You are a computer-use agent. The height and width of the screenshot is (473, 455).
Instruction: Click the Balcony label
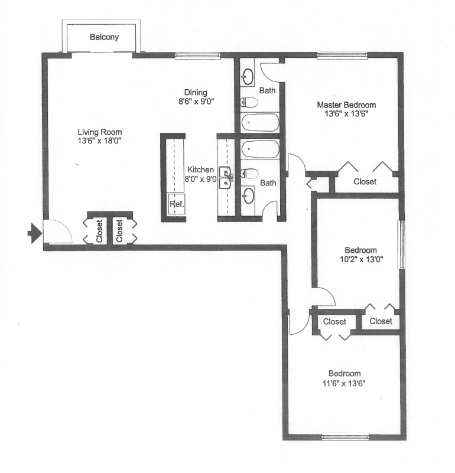click(x=104, y=37)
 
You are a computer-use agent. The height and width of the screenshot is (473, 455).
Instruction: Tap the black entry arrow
click(x=35, y=233)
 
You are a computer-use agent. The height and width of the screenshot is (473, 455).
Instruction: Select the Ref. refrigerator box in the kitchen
click(x=176, y=204)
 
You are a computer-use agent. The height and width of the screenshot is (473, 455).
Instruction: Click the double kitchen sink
click(x=226, y=177)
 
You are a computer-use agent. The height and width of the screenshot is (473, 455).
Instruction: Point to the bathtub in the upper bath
click(x=260, y=122)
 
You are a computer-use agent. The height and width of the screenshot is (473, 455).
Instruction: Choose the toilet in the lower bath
click(x=249, y=174)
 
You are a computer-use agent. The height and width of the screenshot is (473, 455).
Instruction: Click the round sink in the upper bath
click(x=248, y=77)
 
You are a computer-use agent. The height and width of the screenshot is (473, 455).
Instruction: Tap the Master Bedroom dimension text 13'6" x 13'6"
click(x=346, y=114)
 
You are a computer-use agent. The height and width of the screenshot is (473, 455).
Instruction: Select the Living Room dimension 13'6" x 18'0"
click(x=99, y=141)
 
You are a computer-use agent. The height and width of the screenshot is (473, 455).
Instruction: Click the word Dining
click(x=196, y=93)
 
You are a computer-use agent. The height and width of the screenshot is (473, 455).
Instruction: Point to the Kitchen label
click(x=200, y=169)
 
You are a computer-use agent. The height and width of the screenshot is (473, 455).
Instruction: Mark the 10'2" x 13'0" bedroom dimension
click(x=362, y=259)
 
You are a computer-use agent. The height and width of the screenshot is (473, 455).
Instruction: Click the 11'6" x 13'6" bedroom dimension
click(x=344, y=383)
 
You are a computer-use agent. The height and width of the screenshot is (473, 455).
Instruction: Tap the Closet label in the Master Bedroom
click(x=365, y=182)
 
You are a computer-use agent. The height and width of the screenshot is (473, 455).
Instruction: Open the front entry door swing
click(x=57, y=231)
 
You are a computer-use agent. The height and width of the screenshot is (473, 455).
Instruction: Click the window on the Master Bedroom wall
click(x=342, y=55)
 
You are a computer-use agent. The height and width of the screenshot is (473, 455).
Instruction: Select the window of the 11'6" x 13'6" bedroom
click(x=345, y=437)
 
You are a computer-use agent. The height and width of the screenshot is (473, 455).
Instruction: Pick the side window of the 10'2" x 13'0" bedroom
click(x=401, y=244)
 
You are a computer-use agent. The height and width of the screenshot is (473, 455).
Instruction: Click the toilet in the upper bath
click(x=249, y=102)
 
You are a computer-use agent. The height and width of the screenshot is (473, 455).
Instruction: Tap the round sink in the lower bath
click(x=248, y=195)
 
